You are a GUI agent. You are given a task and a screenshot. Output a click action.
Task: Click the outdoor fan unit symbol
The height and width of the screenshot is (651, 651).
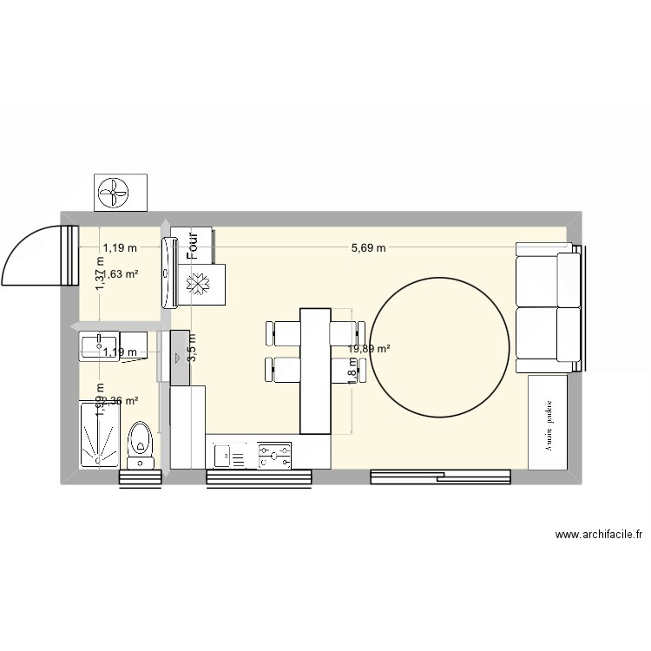click(120, 192)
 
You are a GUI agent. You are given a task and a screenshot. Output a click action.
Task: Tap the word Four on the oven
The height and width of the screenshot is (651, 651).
click(194, 245)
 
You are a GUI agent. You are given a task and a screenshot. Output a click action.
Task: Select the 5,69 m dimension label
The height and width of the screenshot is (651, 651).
click(368, 248)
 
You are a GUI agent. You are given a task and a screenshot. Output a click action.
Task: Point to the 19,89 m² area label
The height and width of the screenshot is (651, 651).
click(369, 349)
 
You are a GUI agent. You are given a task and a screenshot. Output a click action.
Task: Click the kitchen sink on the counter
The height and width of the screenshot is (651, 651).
click(231, 453)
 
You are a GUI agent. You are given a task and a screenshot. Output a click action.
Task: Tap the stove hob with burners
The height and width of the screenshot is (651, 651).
click(275, 453)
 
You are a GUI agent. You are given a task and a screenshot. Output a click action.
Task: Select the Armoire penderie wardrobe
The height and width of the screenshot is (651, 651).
click(549, 422)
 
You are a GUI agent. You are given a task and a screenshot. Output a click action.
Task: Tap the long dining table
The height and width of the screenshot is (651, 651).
click(315, 371)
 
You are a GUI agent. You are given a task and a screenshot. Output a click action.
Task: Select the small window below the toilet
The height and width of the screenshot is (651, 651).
click(141, 477)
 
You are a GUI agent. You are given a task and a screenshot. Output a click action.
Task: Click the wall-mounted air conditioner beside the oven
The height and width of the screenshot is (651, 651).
click(168, 271)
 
